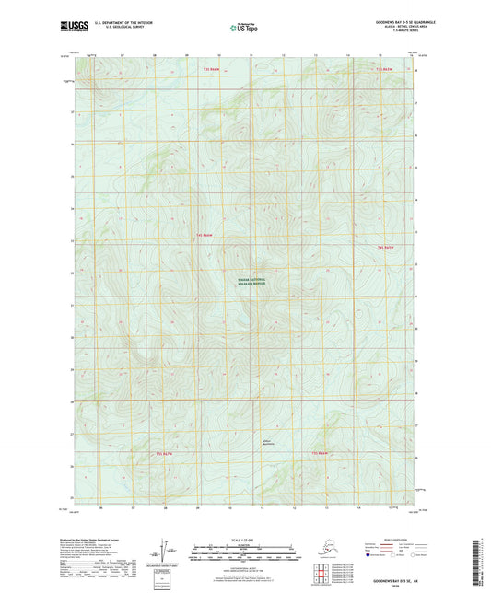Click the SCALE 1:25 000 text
click(245, 540)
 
